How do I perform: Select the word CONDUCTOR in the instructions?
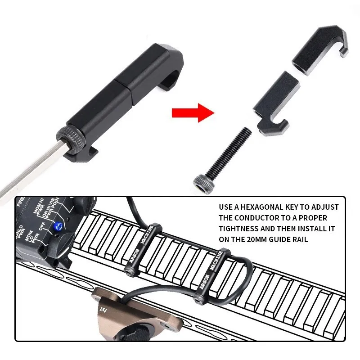click(x=254, y=218)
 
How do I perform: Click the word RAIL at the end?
click(x=299, y=239)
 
